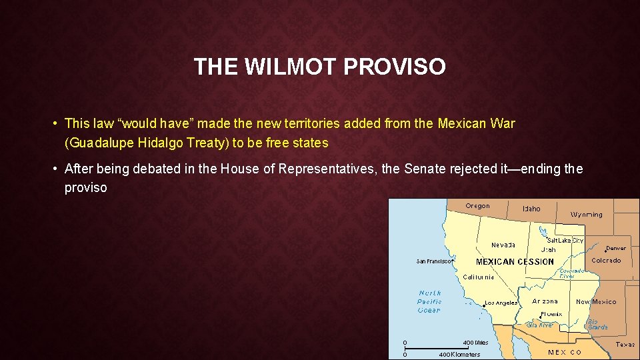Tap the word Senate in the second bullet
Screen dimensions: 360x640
(424, 169)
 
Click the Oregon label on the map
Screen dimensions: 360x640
(477, 206)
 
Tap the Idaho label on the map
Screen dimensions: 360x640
(531, 209)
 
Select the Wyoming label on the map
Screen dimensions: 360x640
(586, 215)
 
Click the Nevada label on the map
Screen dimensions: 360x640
(503, 245)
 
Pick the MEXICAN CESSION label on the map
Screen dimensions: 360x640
(515, 261)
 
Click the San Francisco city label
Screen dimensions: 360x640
(435, 261)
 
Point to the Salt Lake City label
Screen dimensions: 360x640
(565, 240)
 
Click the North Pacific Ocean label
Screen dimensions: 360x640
(429, 301)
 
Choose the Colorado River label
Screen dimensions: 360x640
(571, 273)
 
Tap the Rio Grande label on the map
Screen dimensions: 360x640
(597, 324)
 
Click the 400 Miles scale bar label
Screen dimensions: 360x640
(475, 343)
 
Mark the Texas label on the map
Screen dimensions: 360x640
(625, 345)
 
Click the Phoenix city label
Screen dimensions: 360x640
(551, 313)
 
